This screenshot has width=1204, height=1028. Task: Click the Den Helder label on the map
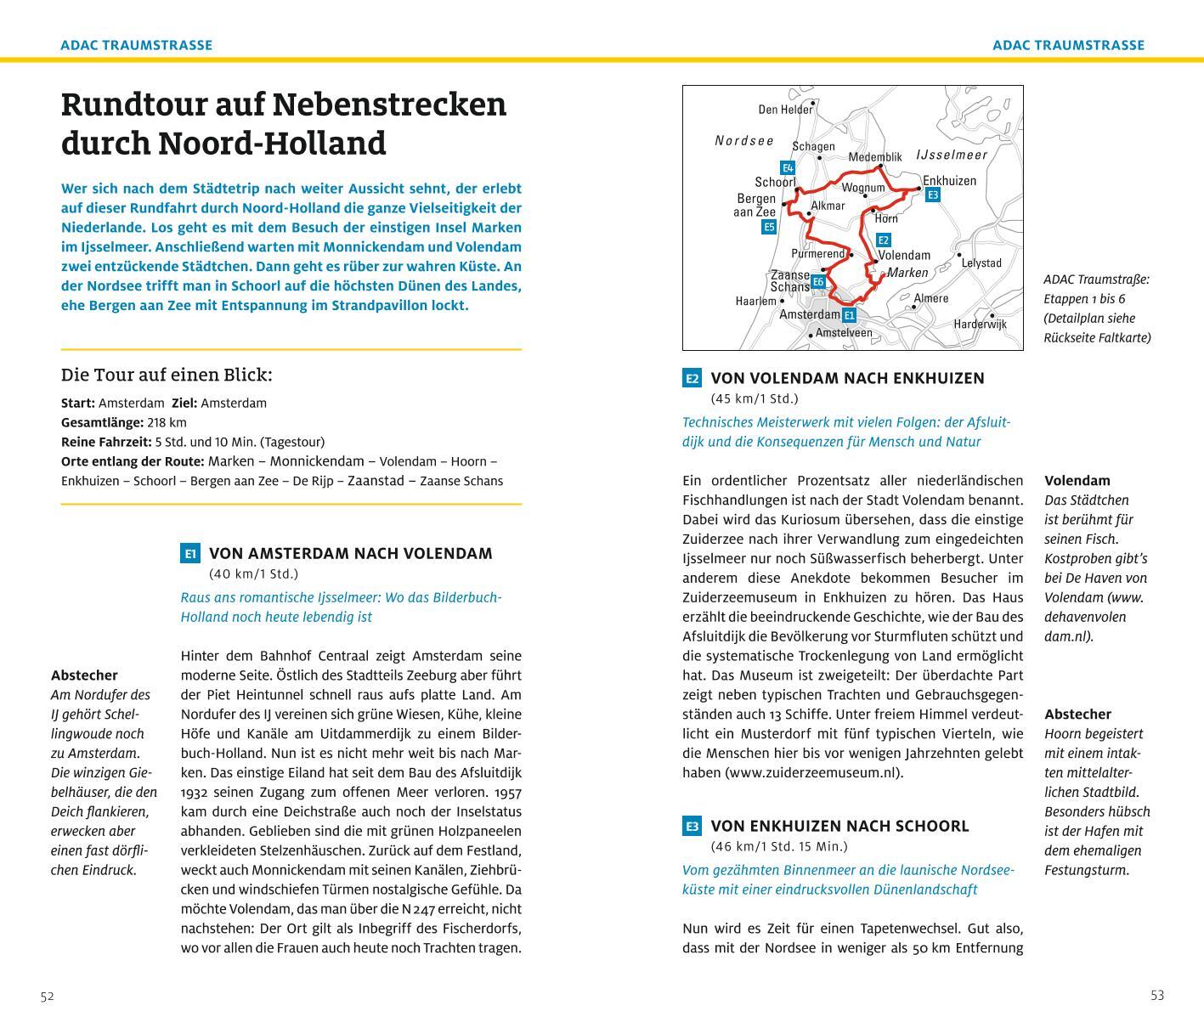pyautogui.click(x=785, y=109)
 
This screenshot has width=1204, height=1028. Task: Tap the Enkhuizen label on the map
pyautogui.click(x=949, y=180)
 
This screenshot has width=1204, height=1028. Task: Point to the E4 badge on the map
pyautogui.click(x=788, y=167)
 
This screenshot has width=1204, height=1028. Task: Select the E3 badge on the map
pyautogui.click(x=932, y=195)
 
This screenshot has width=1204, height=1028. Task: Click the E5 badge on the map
pyautogui.click(x=768, y=227)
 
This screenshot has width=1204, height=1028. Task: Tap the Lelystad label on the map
pyautogui.click(x=981, y=263)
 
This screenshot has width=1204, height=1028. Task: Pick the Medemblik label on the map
pyautogui.click(x=874, y=157)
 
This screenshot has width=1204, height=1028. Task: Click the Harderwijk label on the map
pyautogui.click(x=980, y=324)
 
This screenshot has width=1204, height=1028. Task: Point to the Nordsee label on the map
pyautogui.click(x=744, y=140)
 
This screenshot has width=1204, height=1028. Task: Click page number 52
pyautogui.click(x=47, y=997)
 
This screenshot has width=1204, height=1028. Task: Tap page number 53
pyautogui.click(x=1157, y=996)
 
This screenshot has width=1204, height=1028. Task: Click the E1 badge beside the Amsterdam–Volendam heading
pyautogui.click(x=189, y=554)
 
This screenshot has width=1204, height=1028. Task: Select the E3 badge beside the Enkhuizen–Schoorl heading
pyautogui.click(x=692, y=826)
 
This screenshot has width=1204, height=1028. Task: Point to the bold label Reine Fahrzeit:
pyautogui.click(x=106, y=442)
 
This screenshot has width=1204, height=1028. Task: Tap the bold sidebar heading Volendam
pyautogui.click(x=1077, y=480)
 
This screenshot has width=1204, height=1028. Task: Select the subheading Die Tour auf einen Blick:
pyautogui.click(x=167, y=375)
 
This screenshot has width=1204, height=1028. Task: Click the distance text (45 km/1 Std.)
pyautogui.click(x=754, y=398)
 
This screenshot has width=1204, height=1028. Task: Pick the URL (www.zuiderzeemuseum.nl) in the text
pyautogui.click(x=814, y=772)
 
